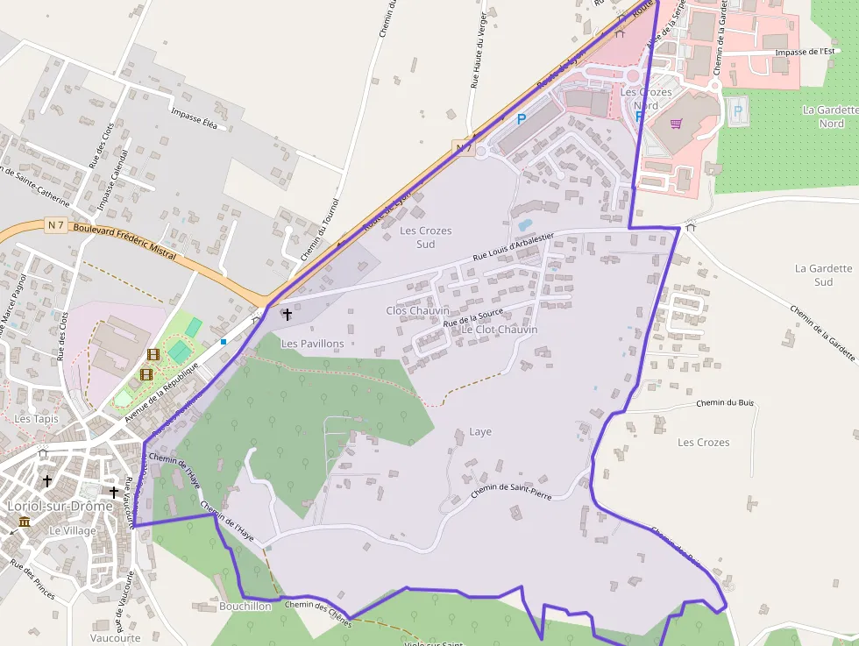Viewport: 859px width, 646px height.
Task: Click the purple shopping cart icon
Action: click(x=676, y=124)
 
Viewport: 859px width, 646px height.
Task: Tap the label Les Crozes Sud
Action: click(x=426, y=237)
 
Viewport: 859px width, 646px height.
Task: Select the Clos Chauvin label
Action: click(x=417, y=310)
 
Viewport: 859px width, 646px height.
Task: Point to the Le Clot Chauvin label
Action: click(x=500, y=329)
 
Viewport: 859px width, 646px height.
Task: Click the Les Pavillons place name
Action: click(x=312, y=344)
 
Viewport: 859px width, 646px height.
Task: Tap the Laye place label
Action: click(x=480, y=431)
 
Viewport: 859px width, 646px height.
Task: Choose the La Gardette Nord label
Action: click(x=823, y=117)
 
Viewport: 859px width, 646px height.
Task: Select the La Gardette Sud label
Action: click(x=823, y=275)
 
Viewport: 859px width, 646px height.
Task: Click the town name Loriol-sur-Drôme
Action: click(x=59, y=506)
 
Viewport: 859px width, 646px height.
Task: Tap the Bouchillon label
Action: click(x=245, y=606)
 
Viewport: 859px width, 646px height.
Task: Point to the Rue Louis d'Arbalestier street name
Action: click(x=513, y=245)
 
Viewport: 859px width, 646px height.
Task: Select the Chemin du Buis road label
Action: click(x=725, y=403)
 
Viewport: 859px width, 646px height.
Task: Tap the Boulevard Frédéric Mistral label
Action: click(x=125, y=241)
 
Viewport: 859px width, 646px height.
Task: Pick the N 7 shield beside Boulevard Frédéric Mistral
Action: click(x=56, y=225)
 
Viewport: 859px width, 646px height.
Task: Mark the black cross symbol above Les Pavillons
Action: click(x=287, y=313)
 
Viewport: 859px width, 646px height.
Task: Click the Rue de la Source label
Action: click(x=473, y=317)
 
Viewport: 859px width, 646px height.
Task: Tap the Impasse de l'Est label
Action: click(x=805, y=52)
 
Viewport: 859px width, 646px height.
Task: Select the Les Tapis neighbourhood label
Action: click(x=36, y=419)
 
